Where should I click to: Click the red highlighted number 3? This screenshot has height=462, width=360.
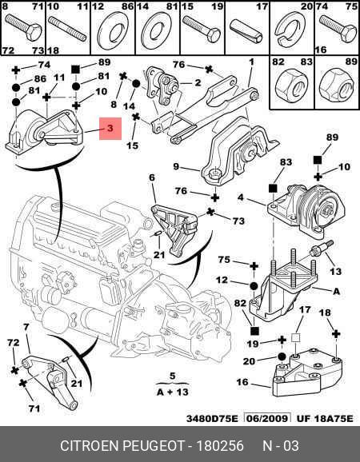pos(110,129)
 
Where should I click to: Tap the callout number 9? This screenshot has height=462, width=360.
pos(176,167)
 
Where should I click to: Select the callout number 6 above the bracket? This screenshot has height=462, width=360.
pos(152,177)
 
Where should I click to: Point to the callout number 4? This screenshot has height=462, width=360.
pos(241,197)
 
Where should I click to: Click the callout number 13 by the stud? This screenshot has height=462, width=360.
pos(335,271)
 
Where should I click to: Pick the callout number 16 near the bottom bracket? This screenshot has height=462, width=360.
pos(242,382)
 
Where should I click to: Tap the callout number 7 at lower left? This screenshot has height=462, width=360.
pos(26,327)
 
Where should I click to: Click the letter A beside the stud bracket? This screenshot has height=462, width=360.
pos(336,292)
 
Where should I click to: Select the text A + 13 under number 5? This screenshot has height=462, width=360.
pos(173,392)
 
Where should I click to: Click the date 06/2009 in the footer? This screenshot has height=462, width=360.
pos(267,418)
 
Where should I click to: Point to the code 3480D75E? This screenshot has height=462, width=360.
pos(212,419)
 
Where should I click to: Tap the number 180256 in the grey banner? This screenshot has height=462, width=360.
pos(220,446)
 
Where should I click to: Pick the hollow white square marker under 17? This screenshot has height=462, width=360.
pos(295,337)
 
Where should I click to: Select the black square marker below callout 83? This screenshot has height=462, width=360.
pos(273,189)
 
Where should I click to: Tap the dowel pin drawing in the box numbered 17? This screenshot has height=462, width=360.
pos(246,31)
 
